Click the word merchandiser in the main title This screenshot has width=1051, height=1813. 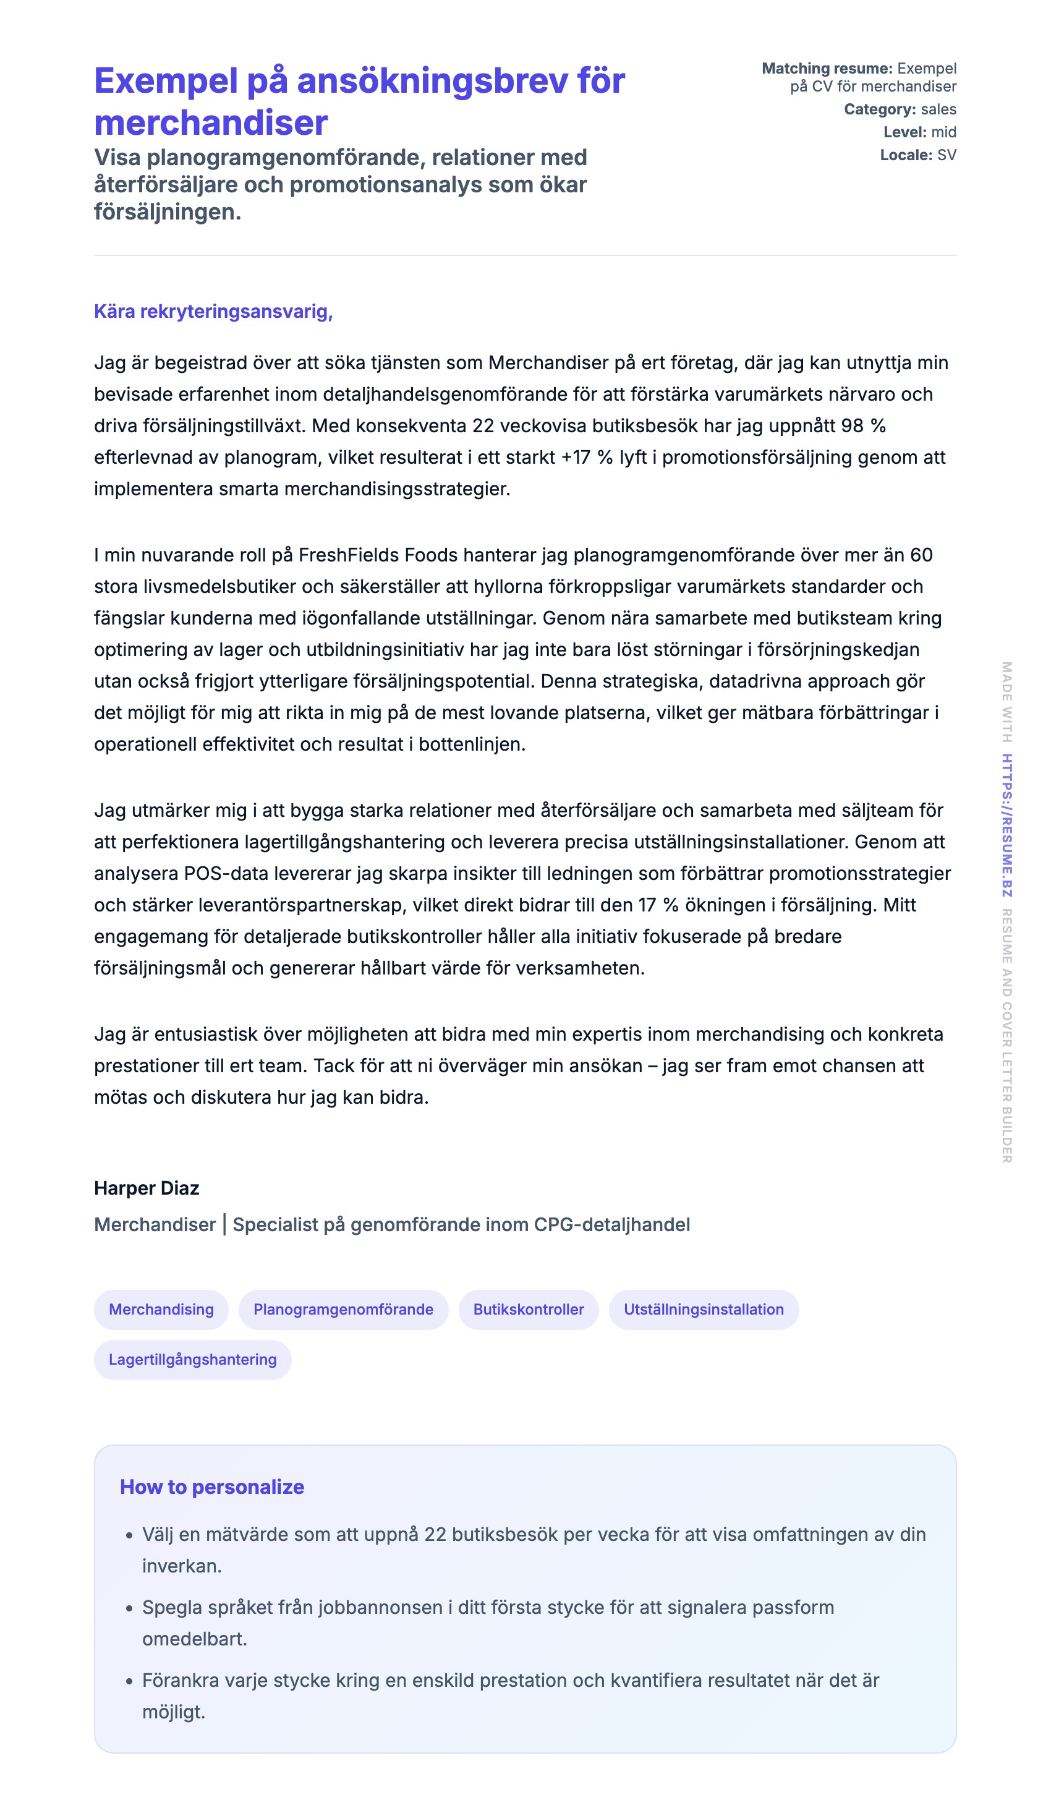point(211,123)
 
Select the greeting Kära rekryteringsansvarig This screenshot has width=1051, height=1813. point(213,312)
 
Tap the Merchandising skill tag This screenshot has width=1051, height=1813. point(161,1310)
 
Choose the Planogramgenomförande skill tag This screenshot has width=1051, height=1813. point(343,1310)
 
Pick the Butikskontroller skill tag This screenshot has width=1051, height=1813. point(528,1310)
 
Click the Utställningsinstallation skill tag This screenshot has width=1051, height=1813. point(703,1310)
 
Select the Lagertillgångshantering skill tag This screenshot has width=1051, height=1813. point(192,1360)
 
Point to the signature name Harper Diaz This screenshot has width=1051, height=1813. point(146,1188)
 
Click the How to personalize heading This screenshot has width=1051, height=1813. point(211,1487)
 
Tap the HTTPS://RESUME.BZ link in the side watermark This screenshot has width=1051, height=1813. point(1007,825)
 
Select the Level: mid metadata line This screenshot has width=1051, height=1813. point(919,132)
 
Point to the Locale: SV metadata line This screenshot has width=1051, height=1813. point(918,155)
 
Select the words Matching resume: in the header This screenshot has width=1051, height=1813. point(827,69)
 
